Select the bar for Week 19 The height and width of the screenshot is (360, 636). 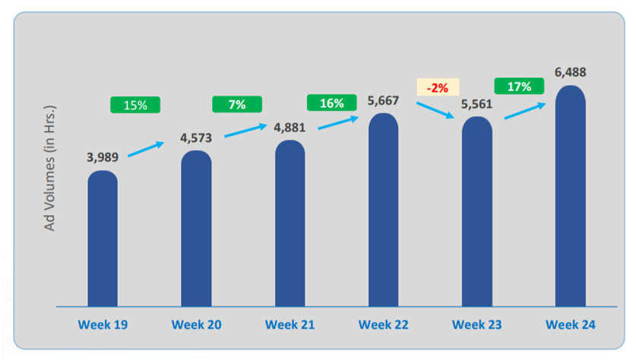[103, 239]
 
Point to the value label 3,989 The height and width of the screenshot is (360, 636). [103, 157]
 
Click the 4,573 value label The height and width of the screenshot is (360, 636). [196, 137]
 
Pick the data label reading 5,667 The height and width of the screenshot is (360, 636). [383, 100]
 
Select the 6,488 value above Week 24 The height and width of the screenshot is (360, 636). [570, 72]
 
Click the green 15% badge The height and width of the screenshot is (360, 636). [135, 105]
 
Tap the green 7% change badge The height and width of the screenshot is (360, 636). [237, 104]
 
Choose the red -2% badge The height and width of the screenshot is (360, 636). [437, 87]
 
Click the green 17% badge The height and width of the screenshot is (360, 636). [518, 87]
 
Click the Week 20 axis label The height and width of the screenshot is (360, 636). [196, 325]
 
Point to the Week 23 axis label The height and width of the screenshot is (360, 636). [477, 325]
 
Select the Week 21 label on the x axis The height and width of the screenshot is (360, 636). [290, 325]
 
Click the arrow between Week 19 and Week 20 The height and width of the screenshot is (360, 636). [146, 149]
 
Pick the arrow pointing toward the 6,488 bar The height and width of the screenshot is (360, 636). [524, 111]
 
